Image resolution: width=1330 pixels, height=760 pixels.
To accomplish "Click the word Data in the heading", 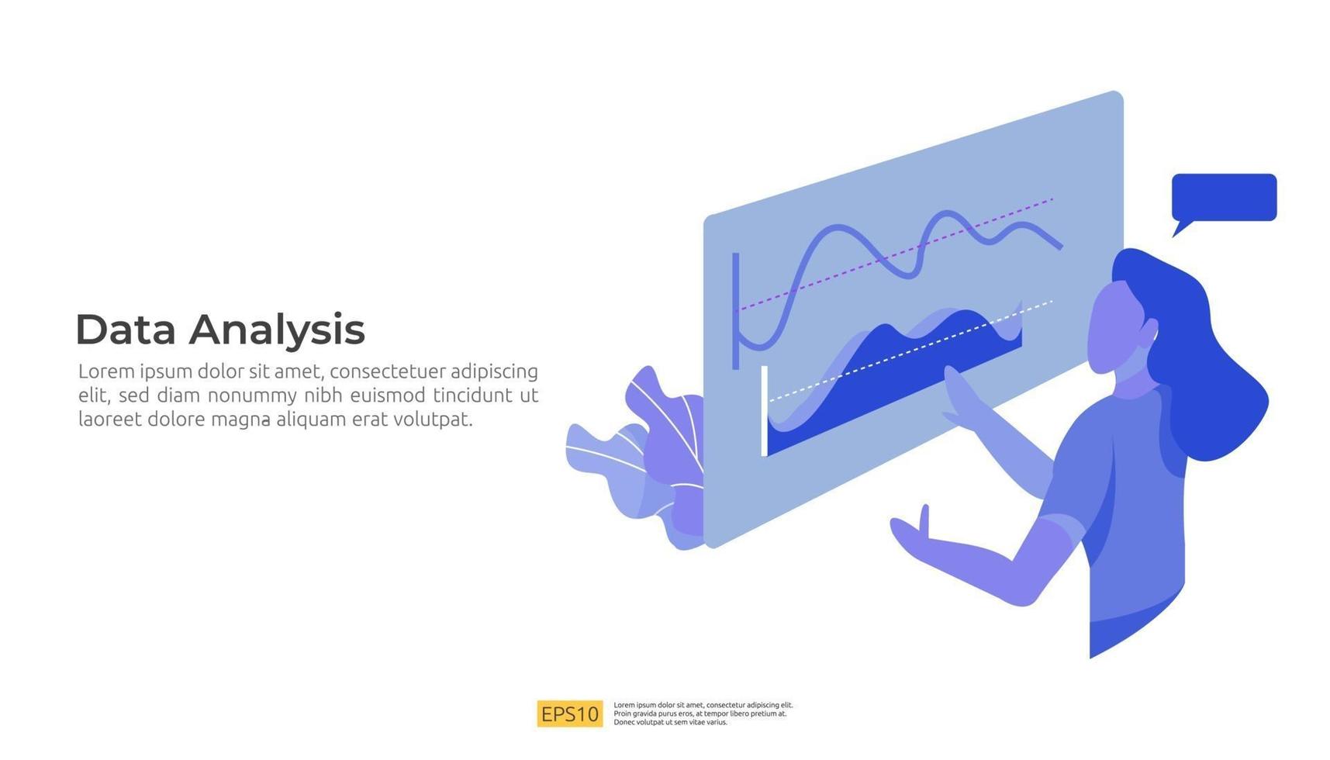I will (x=126, y=330).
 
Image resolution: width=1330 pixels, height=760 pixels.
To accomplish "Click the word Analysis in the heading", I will (x=277, y=331).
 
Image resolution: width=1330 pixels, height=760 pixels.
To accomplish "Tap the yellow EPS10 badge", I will (x=569, y=713).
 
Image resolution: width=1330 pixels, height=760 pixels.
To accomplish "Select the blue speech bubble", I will (x=1223, y=198).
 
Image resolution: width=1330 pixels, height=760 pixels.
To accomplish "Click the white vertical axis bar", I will (x=765, y=411).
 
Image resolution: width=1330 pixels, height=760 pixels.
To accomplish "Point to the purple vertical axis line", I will (x=735, y=310).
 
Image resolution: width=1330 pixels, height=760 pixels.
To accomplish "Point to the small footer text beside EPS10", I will (x=703, y=713).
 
